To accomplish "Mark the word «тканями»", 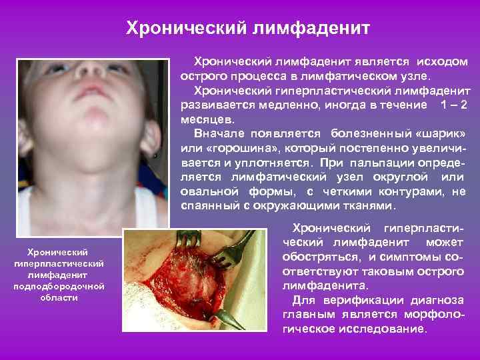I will pyautogui.click(x=376, y=206).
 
